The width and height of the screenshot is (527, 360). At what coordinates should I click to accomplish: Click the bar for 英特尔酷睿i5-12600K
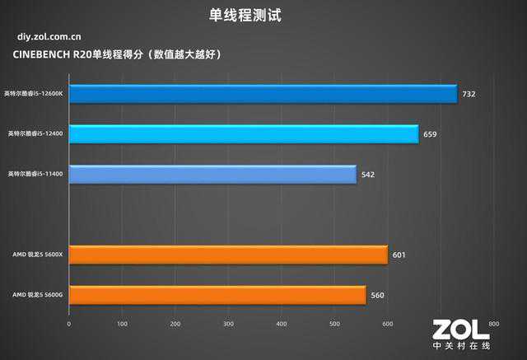pyautogui.click(x=263, y=93)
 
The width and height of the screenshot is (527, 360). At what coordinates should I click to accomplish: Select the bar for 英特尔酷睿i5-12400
pyautogui.click(x=244, y=133)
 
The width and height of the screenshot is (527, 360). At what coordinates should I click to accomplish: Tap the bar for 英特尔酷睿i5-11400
pyautogui.click(x=212, y=174)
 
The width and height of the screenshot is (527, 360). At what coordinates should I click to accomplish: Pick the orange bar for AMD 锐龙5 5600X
pyautogui.click(x=228, y=255)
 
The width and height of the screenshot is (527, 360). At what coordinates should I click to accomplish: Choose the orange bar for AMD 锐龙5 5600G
pyautogui.click(x=217, y=294)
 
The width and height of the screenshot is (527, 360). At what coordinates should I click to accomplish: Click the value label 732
pyautogui.click(x=469, y=94)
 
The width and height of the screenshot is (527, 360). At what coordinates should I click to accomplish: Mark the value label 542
pyautogui.click(x=368, y=175)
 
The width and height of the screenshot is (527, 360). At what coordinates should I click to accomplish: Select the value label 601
pyautogui.click(x=399, y=255)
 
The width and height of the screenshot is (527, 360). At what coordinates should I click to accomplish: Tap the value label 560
pyautogui.click(x=377, y=295)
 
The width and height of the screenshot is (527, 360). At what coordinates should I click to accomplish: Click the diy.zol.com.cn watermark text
pyautogui.click(x=49, y=37)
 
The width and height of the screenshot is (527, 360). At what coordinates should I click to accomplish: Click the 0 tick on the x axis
pyautogui.click(x=69, y=324)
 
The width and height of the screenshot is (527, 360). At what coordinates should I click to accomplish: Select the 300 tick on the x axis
pyautogui.click(x=228, y=324)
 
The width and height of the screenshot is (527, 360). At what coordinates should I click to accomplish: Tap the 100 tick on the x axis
pyautogui.click(x=122, y=324)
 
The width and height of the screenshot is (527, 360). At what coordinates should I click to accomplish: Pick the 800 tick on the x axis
pyautogui.click(x=493, y=324)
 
